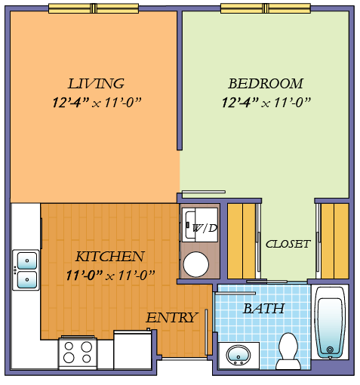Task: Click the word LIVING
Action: coord(96,83)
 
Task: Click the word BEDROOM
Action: coord(266,83)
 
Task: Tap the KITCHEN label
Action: coord(109,256)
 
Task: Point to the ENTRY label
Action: coord(171,317)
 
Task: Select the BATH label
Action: coord(263,308)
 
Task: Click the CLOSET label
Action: coord(288,244)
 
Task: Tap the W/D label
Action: coord(204,228)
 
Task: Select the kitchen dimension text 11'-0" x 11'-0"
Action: coord(109,274)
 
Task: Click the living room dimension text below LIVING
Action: coord(96,102)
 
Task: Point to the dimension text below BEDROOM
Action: coord(266,102)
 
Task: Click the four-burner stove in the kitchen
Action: coord(78,353)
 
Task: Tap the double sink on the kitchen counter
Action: coord(26,269)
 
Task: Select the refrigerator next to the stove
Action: coord(132,351)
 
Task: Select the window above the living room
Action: coord(94,8)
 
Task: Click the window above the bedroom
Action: coord(265,8)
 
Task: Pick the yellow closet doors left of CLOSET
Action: coord(242,240)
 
